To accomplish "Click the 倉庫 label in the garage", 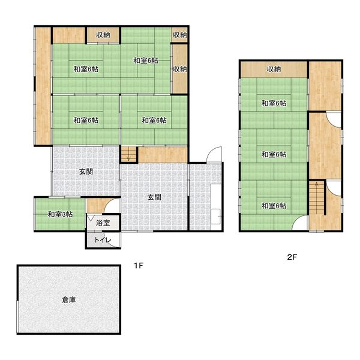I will (69, 299).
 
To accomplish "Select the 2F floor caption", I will (291, 257).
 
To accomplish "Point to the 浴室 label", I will (103, 222).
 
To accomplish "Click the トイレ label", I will (102, 240).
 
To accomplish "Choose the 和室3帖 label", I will (59, 213).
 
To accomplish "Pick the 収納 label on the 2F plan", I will (274, 69).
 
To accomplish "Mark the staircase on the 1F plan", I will (128, 154).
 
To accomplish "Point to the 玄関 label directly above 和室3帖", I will (87, 172).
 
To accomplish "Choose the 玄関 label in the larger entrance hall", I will (155, 196).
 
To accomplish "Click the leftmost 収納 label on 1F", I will (103, 36).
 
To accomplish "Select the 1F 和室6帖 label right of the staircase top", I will (153, 120).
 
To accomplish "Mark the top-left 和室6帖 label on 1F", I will (86, 69).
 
